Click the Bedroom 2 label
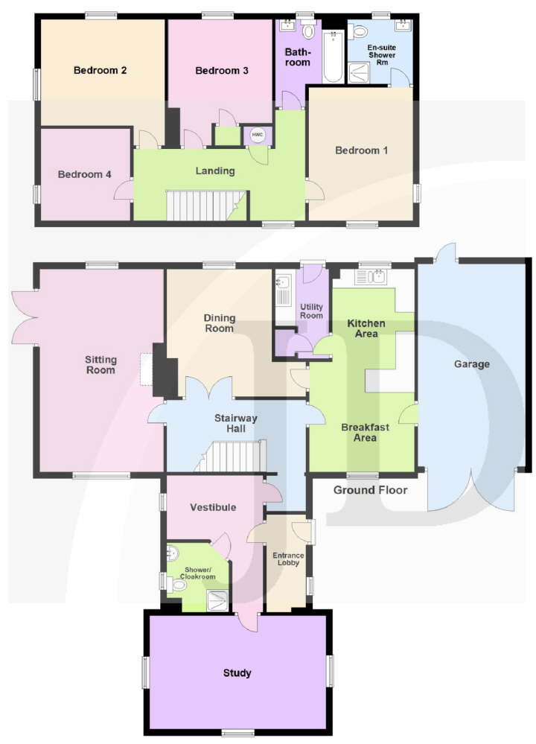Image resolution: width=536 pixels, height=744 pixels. [100, 70]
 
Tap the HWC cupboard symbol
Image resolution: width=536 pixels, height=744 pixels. [257, 136]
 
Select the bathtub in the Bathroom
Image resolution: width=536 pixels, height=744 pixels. [333, 57]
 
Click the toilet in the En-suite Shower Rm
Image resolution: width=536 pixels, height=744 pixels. [359, 32]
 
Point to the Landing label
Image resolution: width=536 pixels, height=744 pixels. [215, 171]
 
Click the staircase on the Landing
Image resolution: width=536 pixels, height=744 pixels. [206, 206]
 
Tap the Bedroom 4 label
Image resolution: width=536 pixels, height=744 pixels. [84, 174]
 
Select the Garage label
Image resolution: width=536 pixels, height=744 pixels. [472, 364]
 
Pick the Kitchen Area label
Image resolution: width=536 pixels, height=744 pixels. [366, 328]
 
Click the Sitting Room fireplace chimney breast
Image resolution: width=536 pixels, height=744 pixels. [165, 370]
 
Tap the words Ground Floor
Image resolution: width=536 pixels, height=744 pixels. [371, 490]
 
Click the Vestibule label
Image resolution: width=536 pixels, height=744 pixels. [213, 507]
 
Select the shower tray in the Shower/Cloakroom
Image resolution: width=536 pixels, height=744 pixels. [217, 601]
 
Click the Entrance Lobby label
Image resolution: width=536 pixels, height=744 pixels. [288, 559]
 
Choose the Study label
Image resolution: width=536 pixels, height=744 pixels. [237, 673]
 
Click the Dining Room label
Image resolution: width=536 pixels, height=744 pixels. [219, 323]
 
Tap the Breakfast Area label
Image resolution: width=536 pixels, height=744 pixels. [366, 432]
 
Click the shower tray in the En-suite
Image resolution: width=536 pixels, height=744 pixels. [359, 73]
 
